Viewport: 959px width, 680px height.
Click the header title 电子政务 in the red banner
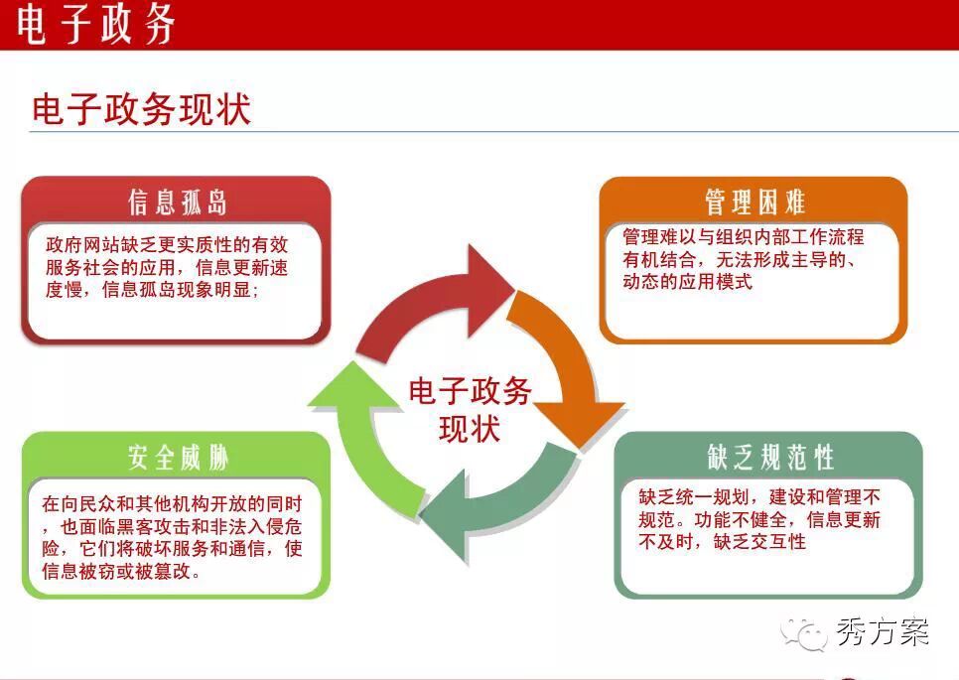pyautogui.click(x=95, y=25)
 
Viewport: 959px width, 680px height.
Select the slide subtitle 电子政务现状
pyautogui.click(x=141, y=110)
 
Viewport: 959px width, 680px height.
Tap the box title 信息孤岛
pyautogui.click(x=178, y=202)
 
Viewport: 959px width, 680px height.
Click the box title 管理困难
pyautogui.click(x=754, y=202)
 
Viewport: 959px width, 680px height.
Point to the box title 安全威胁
pyautogui.click(x=178, y=458)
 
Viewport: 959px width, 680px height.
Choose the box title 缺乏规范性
pyautogui.click(x=770, y=458)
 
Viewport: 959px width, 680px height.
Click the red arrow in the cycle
pyautogui.click(x=428, y=306)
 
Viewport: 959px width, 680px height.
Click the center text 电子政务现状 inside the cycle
pyautogui.click(x=470, y=409)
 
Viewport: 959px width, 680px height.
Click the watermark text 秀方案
pyautogui.click(x=882, y=631)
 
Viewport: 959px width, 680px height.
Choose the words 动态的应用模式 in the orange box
pyautogui.click(x=687, y=282)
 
